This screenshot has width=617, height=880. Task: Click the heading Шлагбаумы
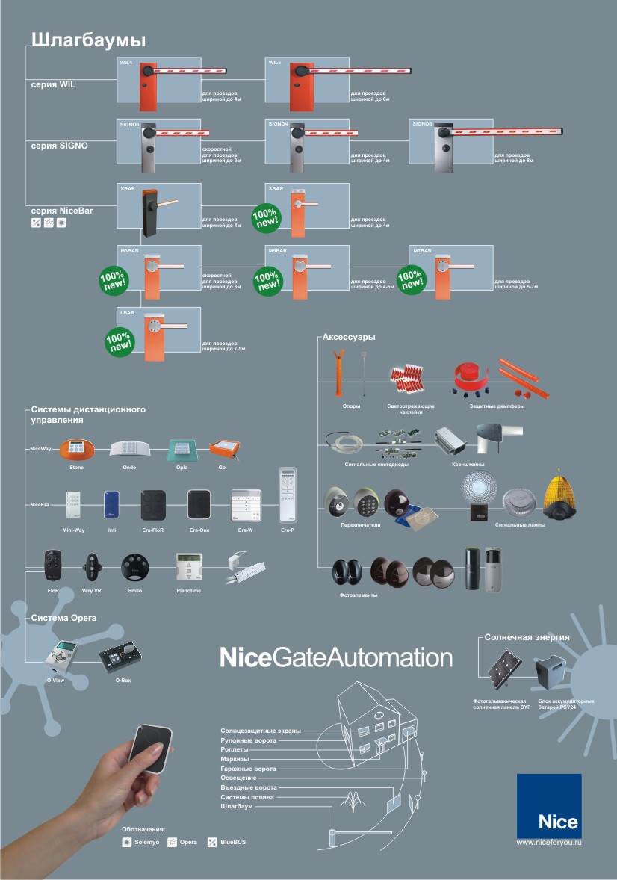coord(88,40)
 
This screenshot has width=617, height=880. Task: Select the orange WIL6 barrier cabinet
coord(303,84)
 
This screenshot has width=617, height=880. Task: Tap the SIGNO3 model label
coord(130,124)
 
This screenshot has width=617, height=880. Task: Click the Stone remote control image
coord(76,450)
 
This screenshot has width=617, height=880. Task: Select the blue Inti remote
coord(111,504)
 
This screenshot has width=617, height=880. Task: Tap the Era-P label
coord(288,530)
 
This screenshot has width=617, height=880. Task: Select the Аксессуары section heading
coord(349,338)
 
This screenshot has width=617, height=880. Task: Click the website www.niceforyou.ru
coord(549,843)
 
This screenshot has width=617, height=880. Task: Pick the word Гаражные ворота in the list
coord(248,769)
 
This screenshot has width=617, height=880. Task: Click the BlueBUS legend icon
coord(212,843)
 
